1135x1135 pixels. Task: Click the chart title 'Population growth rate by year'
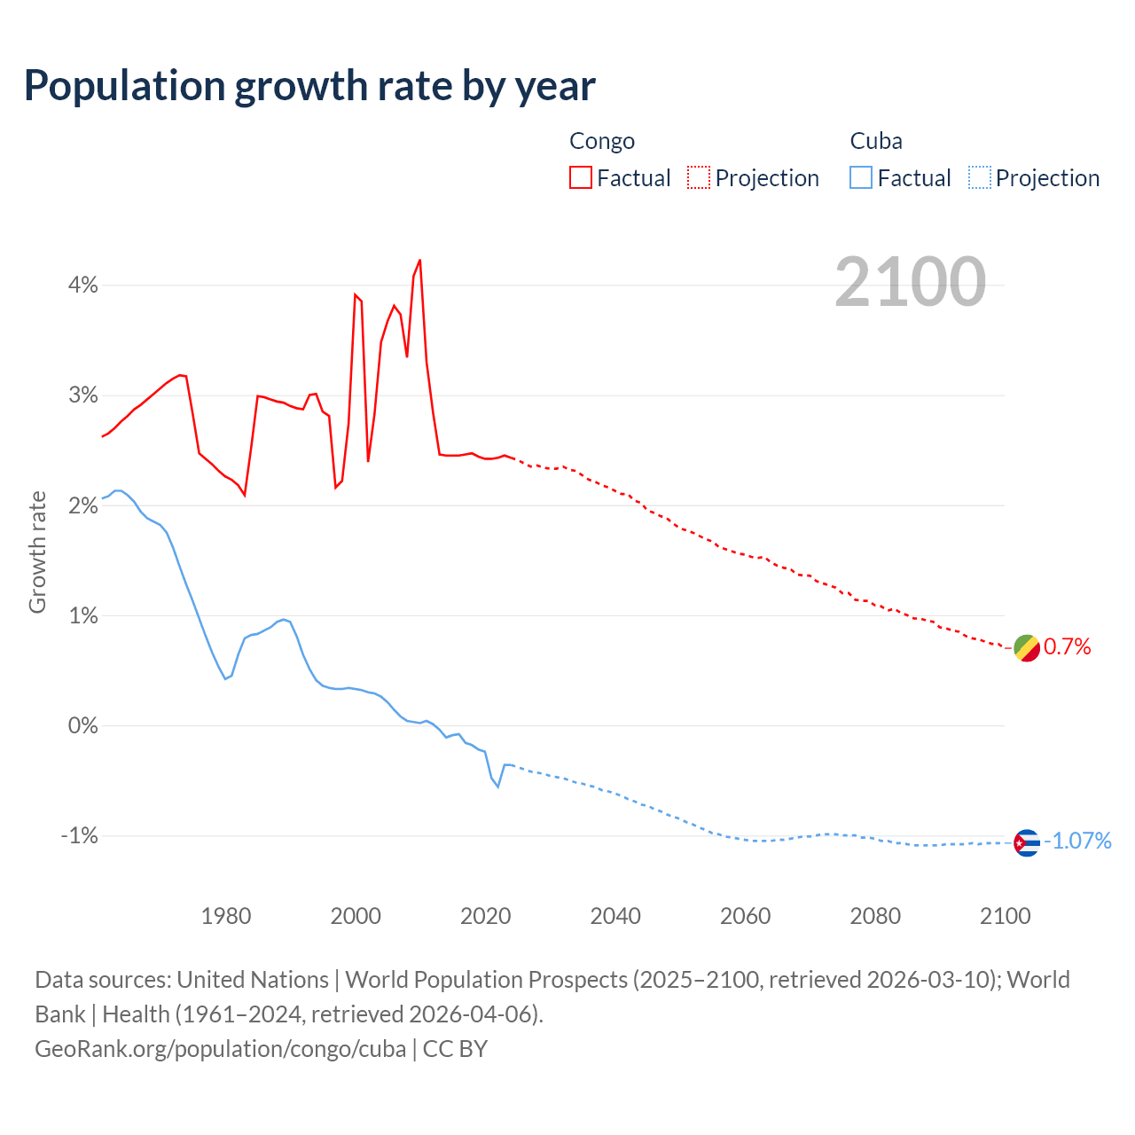click(x=309, y=86)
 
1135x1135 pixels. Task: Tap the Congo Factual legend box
click(x=581, y=177)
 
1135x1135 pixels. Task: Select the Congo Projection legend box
click(x=699, y=177)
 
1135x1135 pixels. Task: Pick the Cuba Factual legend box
click(x=861, y=177)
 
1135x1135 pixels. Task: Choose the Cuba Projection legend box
click(x=980, y=177)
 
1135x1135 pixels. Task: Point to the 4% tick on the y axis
click(x=83, y=286)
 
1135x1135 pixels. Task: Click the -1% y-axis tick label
click(x=79, y=836)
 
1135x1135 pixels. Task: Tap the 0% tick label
click(x=83, y=726)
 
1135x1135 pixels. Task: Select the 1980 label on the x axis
click(x=226, y=916)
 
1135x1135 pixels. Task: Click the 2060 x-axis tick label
click(x=746, y=916)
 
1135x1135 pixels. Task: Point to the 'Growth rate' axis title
click(x=37, y=552)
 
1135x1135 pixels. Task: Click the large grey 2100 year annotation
click(x=910, y=282)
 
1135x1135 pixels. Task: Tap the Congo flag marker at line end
click(x=1026, y=648)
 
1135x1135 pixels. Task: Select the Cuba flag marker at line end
click(x=1026, y=842)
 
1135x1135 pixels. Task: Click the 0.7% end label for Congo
click(x=1067, y=647)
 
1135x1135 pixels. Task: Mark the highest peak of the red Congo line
click(x=419, y=260)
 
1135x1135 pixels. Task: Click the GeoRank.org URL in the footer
click(x=220, y=1048)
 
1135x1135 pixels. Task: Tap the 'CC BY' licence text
click(x=455, y=1048)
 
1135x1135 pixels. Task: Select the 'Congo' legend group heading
click(x=602, y=141)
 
